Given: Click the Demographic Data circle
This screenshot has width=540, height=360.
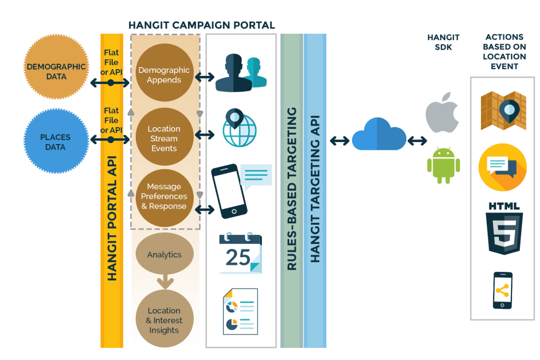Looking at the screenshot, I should coord(55,71).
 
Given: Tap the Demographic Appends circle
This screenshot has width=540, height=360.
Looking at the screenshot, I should coord(164,75).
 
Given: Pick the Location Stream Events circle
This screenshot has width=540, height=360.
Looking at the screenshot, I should coord(164,138).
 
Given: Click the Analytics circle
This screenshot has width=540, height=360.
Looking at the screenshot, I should coord(164,254).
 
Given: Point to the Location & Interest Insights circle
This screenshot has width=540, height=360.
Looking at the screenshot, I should coord(164,320).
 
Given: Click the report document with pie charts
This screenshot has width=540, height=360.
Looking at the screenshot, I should coord(240,311).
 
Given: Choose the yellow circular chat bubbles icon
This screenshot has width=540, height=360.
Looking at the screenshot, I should coord(502,167).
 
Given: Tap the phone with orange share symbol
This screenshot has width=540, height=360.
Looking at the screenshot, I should coord(502,290).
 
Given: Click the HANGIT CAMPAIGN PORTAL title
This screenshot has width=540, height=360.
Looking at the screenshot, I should coord(201,25).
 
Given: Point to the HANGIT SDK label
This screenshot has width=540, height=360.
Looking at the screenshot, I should coord(443,42).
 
